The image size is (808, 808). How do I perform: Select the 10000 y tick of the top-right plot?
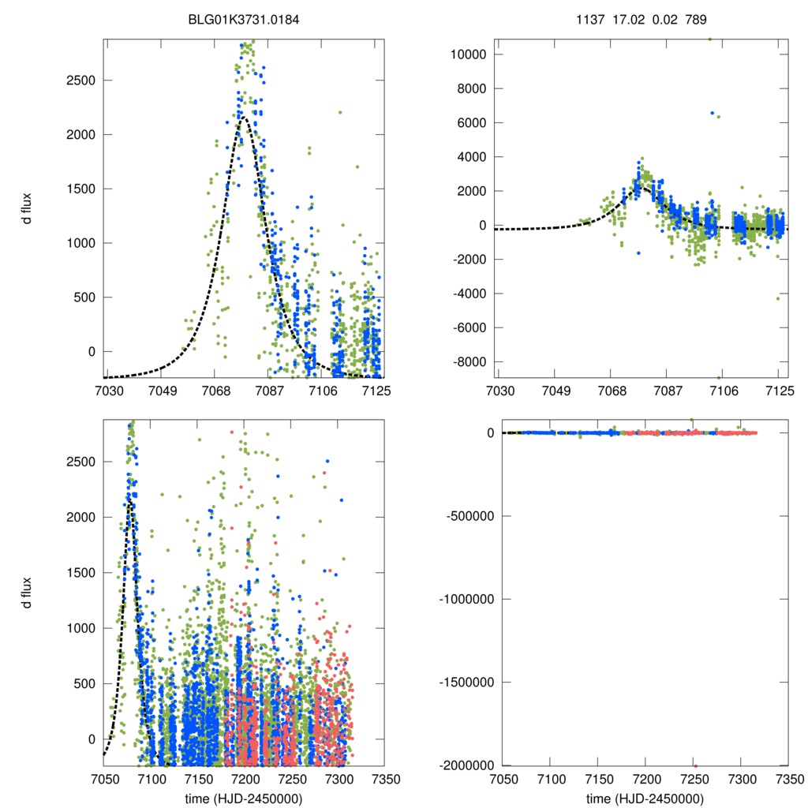pyautogui.click(x=466, y=54)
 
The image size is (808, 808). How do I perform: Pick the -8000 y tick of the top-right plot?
pyautogui.click(x=466, y=361)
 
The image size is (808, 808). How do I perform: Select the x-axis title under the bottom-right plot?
pyautogui.click(x=645, y=798)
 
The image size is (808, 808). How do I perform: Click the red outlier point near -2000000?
pyautogui.click(x=695, y=765)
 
